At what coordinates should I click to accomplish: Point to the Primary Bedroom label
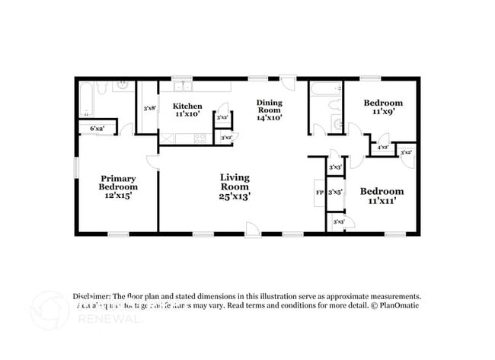(x=118, y=186)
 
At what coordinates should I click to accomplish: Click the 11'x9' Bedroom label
(x=382, y=107)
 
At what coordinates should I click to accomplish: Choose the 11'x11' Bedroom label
(x=382, y=196)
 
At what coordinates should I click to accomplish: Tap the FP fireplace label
(x=319, y=192)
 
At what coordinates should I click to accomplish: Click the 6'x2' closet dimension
(x=97, y=129)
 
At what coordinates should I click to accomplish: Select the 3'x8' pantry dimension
(x=149, y=108)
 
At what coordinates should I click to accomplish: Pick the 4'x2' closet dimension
(x=382, y=147)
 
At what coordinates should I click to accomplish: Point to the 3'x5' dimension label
(x=335, y=192)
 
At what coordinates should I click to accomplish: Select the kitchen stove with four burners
(x=200, y=138)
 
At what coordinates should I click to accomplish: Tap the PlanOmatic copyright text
(x=394, y=305)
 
